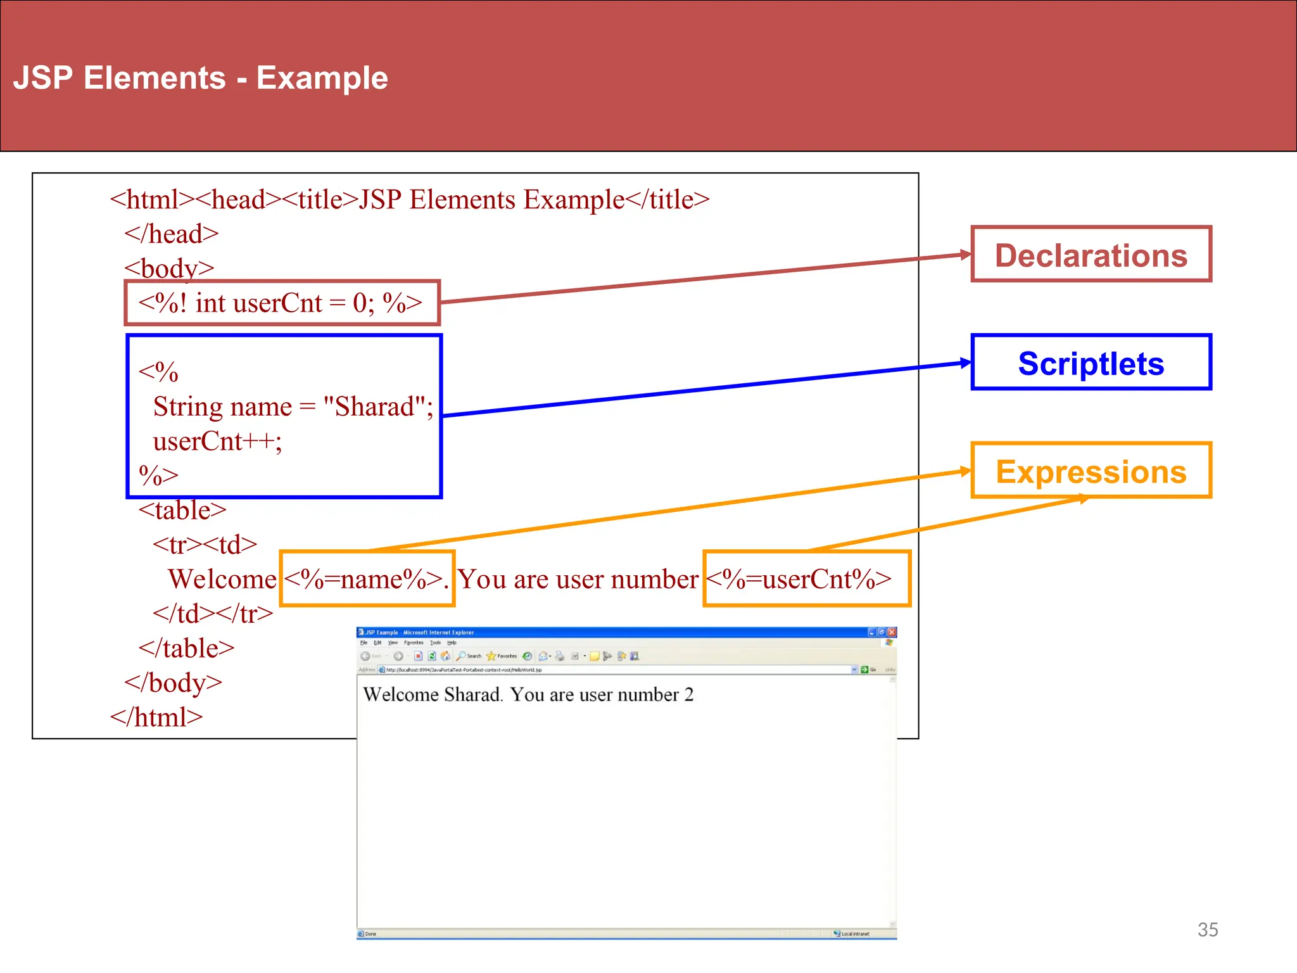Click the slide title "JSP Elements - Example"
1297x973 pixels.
coord(200,78)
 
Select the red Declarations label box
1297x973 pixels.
coord(1091,254)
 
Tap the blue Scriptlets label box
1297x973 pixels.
coord(1091,362)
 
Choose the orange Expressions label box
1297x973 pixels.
coord(1091,471)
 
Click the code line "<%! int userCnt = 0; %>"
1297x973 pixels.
coord(280,303)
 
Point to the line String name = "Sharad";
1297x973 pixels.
coord(293,406)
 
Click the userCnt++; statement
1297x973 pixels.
coord(217,441)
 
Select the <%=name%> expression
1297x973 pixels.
coord(366,579)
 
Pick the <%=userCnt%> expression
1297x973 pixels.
coord(799,579)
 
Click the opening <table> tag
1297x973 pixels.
coord(182,510)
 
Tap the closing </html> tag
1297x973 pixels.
coord(156,717)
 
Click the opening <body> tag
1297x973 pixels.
coord(169,268)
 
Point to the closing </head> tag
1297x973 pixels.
coord(171,234)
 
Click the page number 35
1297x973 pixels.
coord(1208,929)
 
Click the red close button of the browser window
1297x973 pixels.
coord(892,632)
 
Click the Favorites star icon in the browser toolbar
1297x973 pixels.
coord(491,656)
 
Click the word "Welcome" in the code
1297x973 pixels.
coord(222,579)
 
